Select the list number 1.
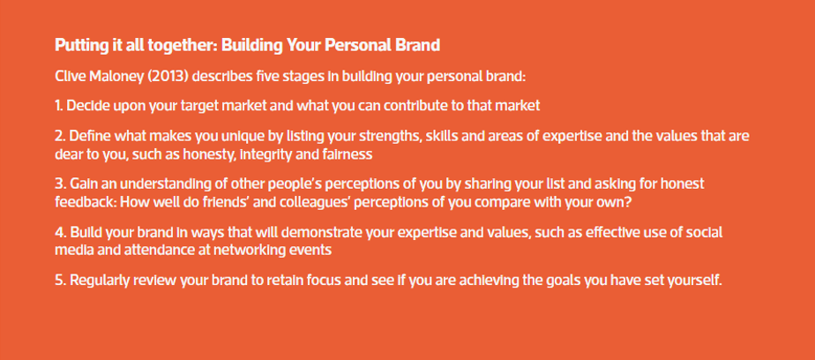57,106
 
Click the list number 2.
58,137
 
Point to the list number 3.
58,184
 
